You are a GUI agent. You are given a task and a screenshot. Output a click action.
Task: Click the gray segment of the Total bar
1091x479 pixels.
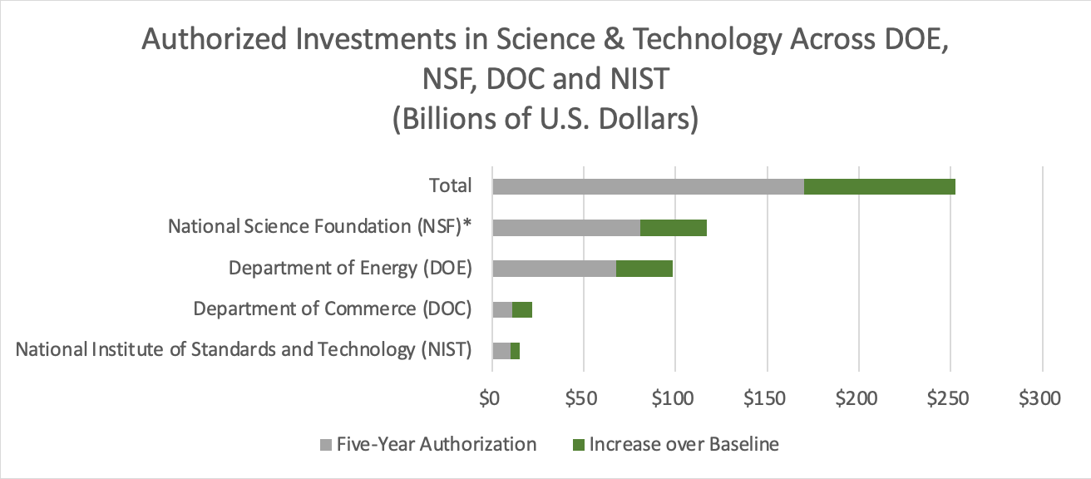tap(648, 186)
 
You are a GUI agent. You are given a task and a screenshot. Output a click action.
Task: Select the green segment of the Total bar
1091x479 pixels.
tap(880, 186)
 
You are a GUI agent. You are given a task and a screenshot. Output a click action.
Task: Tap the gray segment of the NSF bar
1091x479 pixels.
tap(566, 227)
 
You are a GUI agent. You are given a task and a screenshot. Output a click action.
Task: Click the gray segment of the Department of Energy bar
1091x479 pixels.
tap(554, 268)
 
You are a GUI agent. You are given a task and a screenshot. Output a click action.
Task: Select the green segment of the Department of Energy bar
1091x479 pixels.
tap(644, 268)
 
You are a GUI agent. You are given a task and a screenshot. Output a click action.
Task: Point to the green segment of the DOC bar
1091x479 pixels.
tap(522, 309)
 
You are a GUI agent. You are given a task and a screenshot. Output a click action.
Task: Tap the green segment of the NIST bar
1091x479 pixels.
tap(515, 350)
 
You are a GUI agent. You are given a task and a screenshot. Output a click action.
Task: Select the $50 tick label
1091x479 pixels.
tap(584, 398)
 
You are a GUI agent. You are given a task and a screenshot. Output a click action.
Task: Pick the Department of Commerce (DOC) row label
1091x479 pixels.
tap(333, 309)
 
